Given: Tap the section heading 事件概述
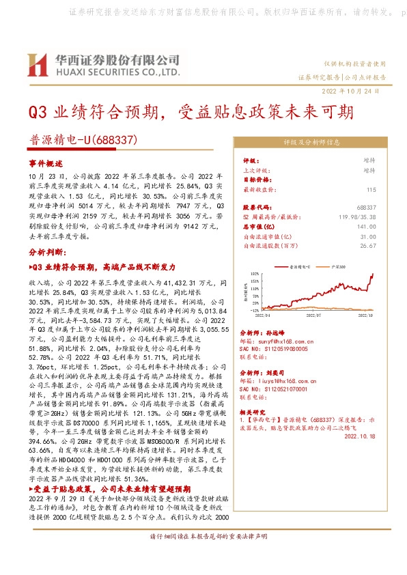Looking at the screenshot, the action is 46,165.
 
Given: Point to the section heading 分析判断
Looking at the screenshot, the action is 46,251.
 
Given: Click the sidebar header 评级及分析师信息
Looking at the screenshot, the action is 311,143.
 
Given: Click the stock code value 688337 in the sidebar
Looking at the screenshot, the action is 367,207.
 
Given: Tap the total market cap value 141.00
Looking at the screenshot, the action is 367,226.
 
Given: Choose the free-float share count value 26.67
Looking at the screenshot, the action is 368,245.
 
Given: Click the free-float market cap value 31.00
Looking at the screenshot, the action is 368,236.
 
